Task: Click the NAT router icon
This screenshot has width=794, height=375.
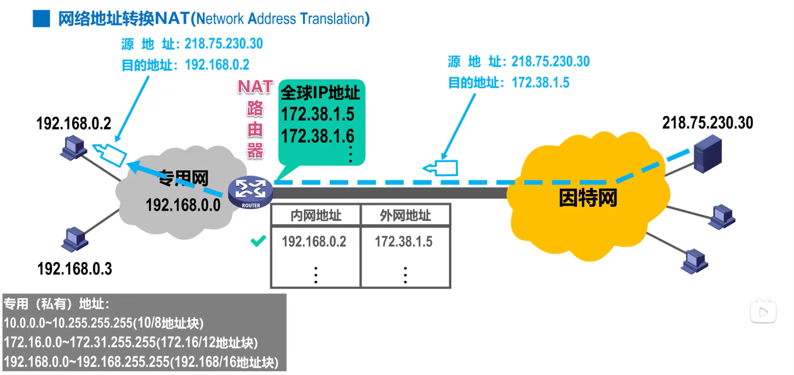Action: pos(250,192)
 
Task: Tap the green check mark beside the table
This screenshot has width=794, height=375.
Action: pos(258,241)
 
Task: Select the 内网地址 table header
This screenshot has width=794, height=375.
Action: pos(316,215)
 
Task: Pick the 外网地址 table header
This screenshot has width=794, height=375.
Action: pos(405,215)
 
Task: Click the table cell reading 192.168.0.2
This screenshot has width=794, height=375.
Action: pos(314,242)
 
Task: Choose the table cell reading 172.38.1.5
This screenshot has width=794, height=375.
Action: pos(404,242)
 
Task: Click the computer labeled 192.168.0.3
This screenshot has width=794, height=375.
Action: pos(75,239)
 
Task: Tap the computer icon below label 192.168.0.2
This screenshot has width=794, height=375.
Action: pos(74,148)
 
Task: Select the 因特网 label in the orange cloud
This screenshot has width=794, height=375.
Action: pos(588,198)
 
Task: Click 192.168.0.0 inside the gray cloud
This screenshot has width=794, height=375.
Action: pos(183,205)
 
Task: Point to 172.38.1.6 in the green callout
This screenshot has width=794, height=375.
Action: pos(318,136)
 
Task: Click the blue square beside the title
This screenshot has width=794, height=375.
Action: pos(41,19)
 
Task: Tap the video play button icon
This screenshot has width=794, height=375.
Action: pos(763,312)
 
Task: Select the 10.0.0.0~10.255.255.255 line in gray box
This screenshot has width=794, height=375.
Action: pos(103,323)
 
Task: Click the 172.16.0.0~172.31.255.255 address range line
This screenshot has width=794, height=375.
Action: pos(130,342)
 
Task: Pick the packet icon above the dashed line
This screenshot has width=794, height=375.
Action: pos(442,168)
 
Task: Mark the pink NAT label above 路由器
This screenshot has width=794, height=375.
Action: pos(255,87)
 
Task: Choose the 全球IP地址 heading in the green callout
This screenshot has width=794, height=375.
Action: pos(320,93)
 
